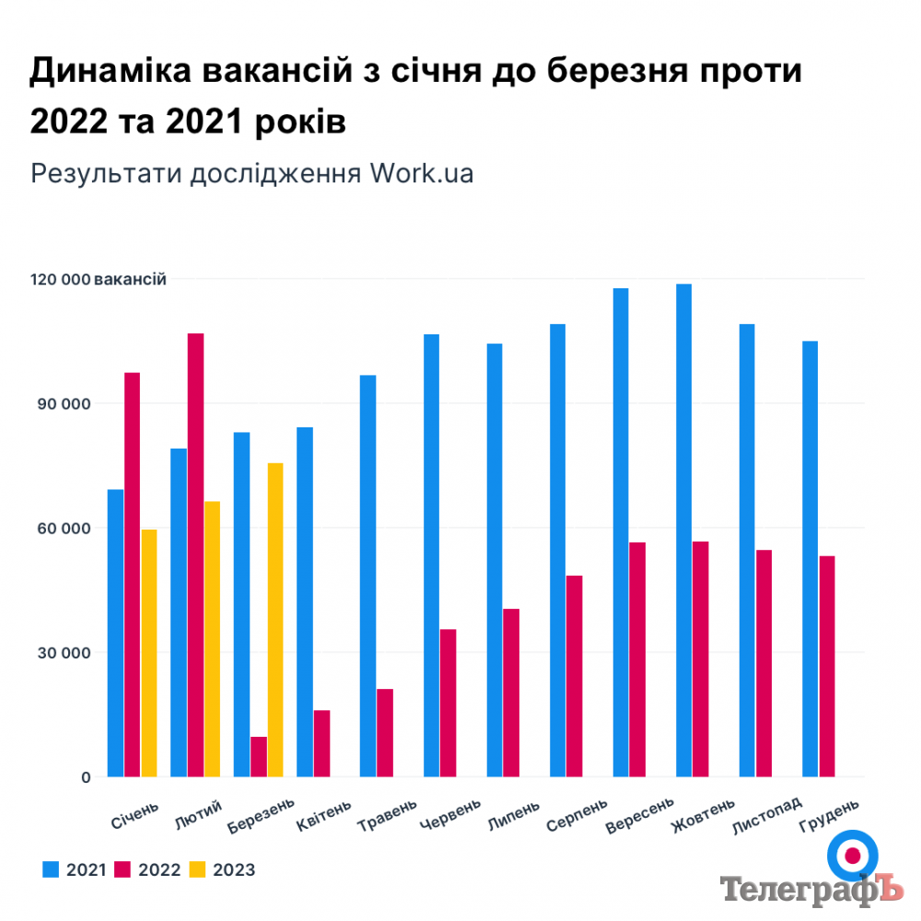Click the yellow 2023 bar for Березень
pyautogui.click(x=275, y=620)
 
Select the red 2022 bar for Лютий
pyautogui.click(x=195, y=554)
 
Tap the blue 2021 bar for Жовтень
pyautogui.click(x=683, y=530)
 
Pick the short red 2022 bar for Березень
pyautogui.click(x=258, y=756)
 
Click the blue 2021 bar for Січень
pyautogui.click(x=115, y=633)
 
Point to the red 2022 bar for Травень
pyautogui.click(x=385, y=732)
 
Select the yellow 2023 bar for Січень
pyautogui.click(x=149, y=653)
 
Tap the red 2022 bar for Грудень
pyautogui.click(x=827, y=666)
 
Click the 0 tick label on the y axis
pyautogui.click(x=86, y=777)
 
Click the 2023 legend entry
pyautogui.click(x=223, y=869)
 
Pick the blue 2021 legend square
pyautogui.click(x=51, y=869)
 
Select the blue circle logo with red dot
pyautogui.click(x=852, y=856)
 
